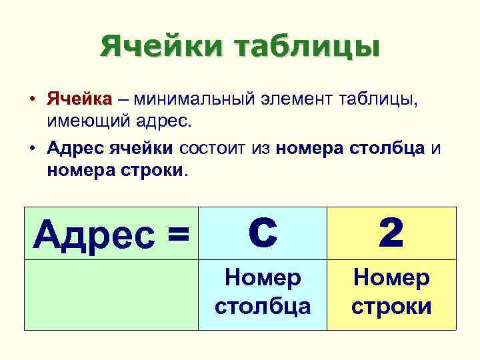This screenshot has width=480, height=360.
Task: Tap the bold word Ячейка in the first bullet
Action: [79, 100]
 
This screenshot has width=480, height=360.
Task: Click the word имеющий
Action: [81, 122]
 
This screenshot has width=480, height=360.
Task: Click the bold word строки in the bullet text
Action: [151, 171]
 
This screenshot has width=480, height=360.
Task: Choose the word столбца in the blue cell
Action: [262, 306]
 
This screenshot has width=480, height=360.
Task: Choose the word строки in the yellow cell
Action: [391, 306]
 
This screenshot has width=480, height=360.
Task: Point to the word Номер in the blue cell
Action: [262, 277]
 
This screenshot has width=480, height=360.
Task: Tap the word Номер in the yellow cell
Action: [391, 277]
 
